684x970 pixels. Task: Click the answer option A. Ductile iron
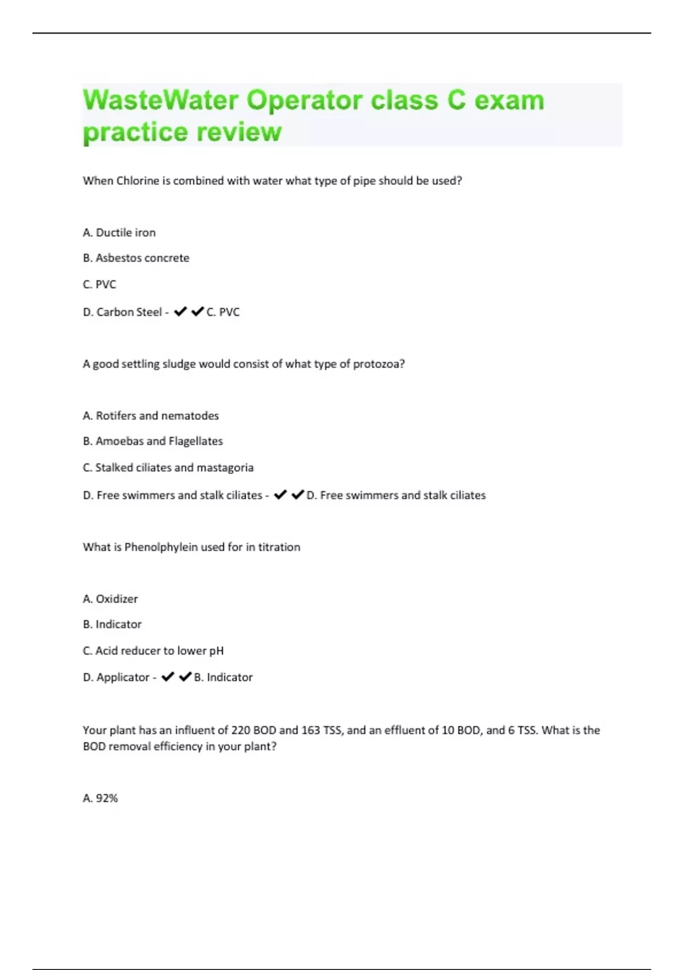coord(119,233)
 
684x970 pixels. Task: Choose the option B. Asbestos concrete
coord(136,258)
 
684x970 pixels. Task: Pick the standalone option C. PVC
coord(100,284)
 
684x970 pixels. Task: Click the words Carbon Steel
coord(129,312)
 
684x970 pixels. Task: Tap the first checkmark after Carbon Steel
coord(180,312)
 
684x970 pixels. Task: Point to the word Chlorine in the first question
coord(137,181)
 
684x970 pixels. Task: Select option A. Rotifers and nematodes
coord(151,416)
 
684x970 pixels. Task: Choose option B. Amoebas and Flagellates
coord(153,441)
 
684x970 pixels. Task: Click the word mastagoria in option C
coord(225,468)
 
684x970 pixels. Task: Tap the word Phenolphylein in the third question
coord(161,547)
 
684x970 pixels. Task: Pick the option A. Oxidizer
coord(111,599)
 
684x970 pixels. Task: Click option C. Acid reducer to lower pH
coord(153,651)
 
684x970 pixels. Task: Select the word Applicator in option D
coord(123,677)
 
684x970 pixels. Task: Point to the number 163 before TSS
coord(311,730)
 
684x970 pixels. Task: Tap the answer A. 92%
coord(100,798)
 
